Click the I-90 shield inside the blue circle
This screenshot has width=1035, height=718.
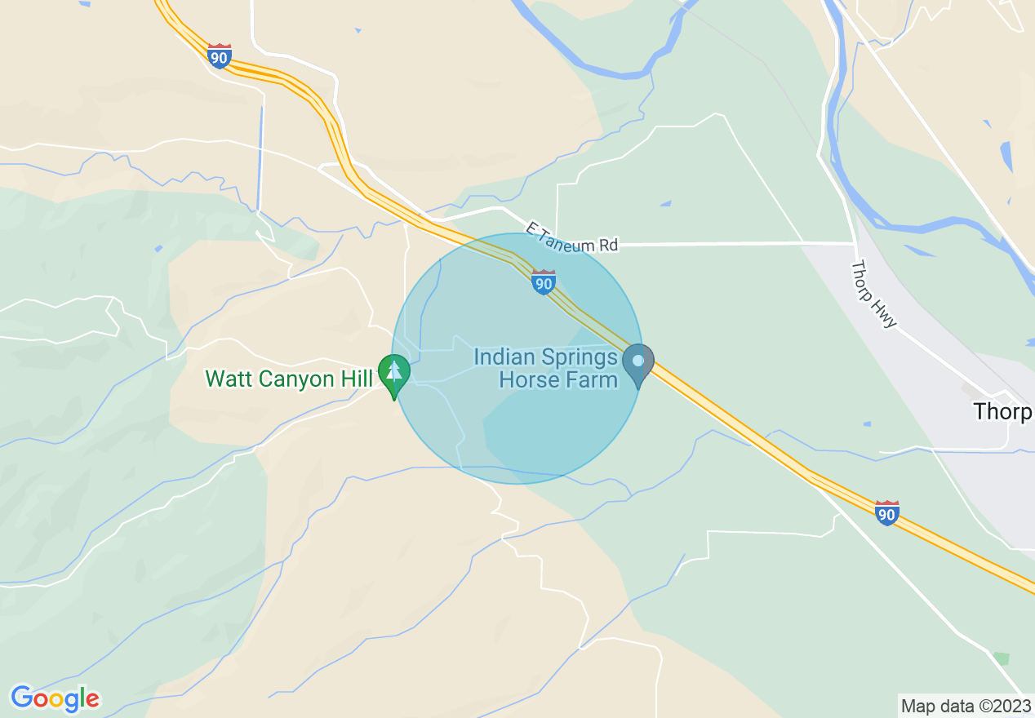[544, 282]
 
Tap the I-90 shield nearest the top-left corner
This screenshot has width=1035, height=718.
[219, 56]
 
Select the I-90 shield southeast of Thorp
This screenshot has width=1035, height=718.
[887, 513]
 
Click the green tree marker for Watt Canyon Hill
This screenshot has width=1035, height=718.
[394, 375]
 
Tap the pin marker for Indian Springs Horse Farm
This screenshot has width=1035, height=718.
[638, 364]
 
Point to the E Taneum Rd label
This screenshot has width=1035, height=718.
[571, 237]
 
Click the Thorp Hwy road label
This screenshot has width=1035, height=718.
[874, 294]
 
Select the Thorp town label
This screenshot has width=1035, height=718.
[1002, 412]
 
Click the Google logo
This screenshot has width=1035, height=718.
[55, 698]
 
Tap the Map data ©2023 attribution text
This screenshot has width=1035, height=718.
[963, 705]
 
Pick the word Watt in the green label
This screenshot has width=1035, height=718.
[225, 379]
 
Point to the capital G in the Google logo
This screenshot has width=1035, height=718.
[23, 698]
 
